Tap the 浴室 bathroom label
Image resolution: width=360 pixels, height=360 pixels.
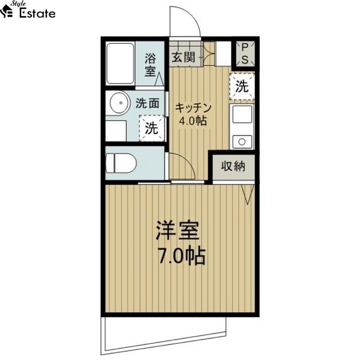coord(151,65)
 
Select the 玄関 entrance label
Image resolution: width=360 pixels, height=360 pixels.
coord(183,58)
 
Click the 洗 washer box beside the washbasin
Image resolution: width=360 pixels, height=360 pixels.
coord(152,128)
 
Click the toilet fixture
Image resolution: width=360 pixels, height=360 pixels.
coord(121,163)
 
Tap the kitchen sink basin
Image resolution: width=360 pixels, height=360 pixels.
coord(242,141)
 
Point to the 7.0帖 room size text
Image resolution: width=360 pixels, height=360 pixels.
coord(181,256)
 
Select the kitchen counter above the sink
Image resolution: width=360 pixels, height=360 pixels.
coord(242,118)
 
